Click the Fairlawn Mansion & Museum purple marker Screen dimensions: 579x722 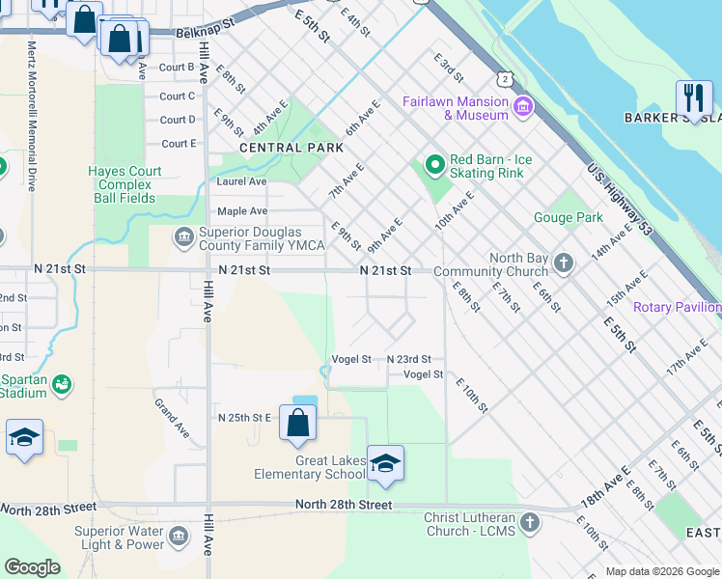pos(524,105)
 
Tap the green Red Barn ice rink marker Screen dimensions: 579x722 pos(434,165)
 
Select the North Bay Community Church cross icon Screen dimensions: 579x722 pos(565,262)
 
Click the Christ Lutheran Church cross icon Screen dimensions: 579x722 pos(528,523)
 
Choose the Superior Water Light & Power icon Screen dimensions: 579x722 pos(177,536)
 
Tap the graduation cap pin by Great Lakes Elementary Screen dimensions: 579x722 pos(385,464)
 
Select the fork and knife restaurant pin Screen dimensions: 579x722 pos(694,97)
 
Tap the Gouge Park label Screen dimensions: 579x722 pos(569,217)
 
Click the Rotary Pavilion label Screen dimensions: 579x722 pos(677,307)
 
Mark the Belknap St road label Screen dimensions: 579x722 pos(206,32)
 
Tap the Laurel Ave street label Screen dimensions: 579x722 pos(242,180)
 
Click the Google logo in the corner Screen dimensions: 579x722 pos(32,566)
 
